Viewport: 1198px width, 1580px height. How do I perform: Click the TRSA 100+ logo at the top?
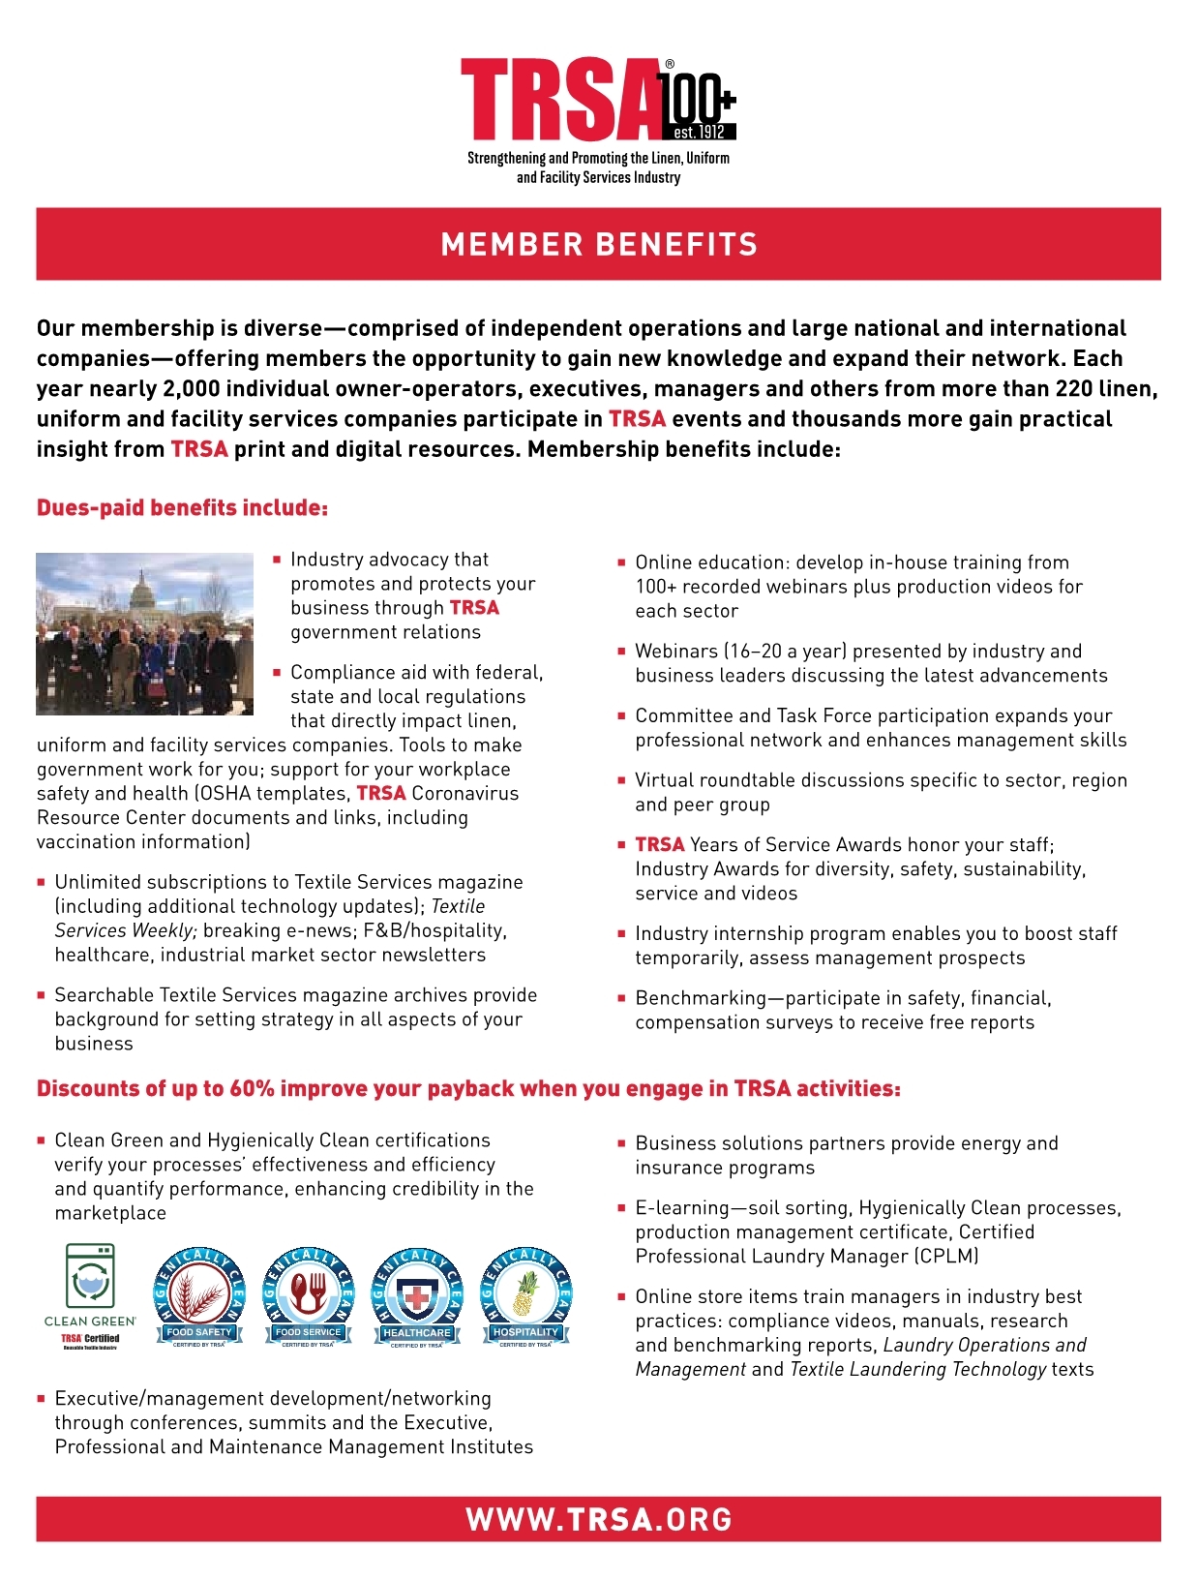597,101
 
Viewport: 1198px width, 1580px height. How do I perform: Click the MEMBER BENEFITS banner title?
599,244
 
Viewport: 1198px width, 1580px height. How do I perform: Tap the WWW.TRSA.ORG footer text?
599,1519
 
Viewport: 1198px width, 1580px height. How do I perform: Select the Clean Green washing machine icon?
90,1277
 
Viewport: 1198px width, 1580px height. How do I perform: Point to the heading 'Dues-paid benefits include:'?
182,508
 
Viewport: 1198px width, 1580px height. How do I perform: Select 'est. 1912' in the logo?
698,133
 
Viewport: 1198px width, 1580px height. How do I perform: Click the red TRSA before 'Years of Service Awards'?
659,844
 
